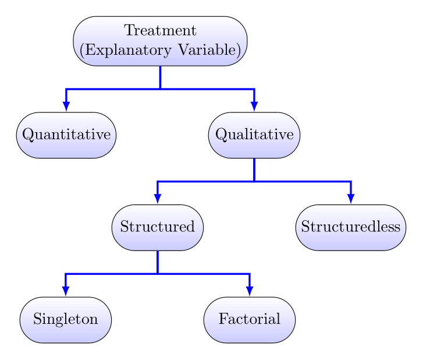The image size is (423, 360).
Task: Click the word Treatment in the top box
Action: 160,31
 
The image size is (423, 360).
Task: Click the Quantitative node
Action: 66,135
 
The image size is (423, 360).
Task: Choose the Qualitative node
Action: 254,135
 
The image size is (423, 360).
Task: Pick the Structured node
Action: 158,227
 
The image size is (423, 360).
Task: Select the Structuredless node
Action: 351,227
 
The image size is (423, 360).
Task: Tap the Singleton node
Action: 66,319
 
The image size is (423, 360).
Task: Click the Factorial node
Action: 250,319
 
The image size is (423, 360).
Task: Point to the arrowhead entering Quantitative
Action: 66,107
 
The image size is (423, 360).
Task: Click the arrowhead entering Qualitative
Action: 254,107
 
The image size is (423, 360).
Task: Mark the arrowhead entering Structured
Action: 158,199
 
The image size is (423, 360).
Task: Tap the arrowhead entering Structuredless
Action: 351,199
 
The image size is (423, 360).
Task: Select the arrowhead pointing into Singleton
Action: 66,292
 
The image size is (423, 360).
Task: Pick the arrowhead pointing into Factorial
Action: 250,292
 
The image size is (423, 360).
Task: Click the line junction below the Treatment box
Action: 160,89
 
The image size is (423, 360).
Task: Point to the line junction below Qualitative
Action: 254,182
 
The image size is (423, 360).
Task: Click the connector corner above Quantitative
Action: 66,89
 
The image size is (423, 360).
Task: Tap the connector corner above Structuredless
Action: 351,182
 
